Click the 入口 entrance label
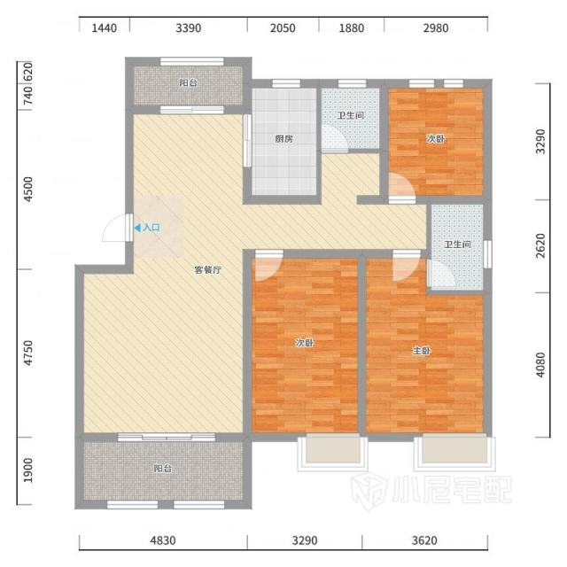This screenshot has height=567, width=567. pos(151,228)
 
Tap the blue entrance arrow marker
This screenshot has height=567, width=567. pos(137,228)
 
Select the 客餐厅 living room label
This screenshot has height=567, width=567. pos(208,269)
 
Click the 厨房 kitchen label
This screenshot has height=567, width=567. pos(283,139)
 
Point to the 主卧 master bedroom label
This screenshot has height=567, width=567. pos(422,351)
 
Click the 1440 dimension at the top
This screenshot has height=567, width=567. pos(105,28)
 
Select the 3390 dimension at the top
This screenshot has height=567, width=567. pos(189,28)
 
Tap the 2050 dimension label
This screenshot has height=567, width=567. pos(283,28)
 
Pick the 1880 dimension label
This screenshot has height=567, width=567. pos(352,28)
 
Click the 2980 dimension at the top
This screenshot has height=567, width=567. pos(436,28)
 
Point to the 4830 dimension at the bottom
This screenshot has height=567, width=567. pos(163,540)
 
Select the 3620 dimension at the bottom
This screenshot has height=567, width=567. pos(424,540)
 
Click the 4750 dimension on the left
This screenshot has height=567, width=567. pos(27,353)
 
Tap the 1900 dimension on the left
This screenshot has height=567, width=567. pos(27,470)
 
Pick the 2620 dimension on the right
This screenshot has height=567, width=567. pos(540,246)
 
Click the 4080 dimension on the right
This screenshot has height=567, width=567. pos(540,365)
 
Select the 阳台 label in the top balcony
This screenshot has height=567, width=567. pos(189,82)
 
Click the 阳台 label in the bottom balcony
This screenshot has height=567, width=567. pos(163,469)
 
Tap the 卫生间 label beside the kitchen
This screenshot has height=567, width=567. pos(351,116)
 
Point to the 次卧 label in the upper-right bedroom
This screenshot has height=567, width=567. pos(435,139)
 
